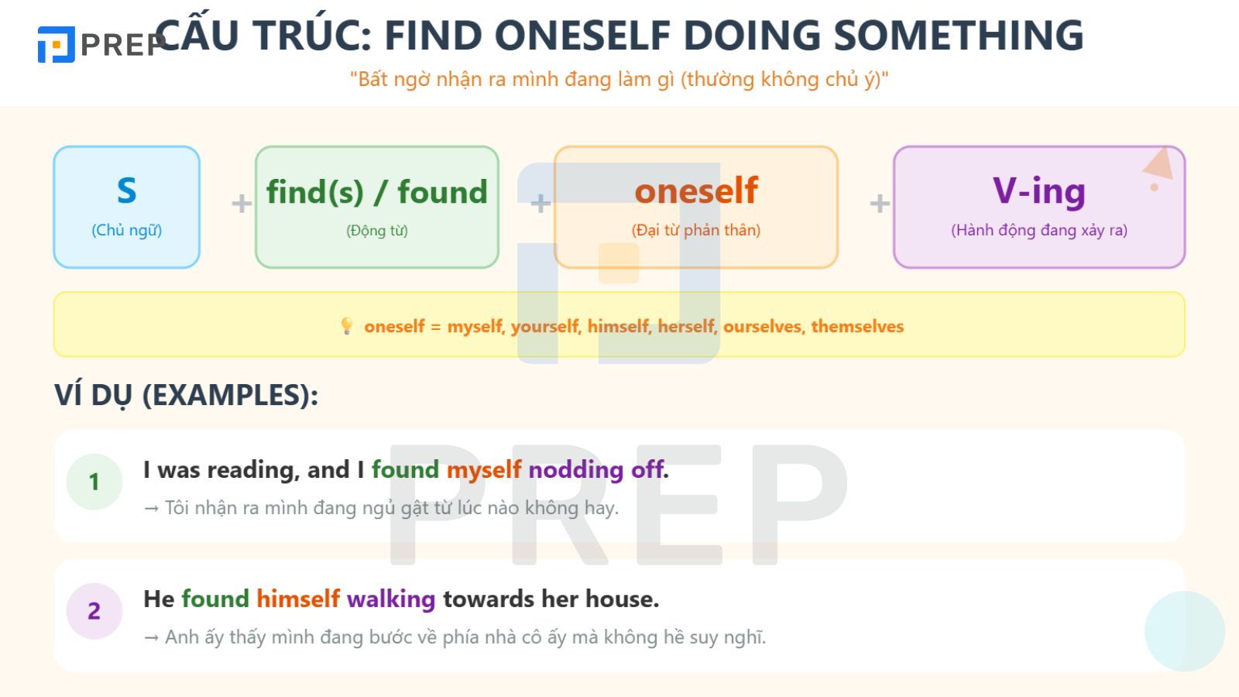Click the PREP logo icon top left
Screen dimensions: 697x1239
pos(56,44)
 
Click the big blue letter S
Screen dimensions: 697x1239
pos(127,191)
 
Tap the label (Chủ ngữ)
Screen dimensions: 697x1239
pos(127,230)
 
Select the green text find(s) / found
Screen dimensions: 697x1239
pos(376,192)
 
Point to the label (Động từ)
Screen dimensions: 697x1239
pos(376,230)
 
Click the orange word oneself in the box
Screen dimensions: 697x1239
pos(695,191)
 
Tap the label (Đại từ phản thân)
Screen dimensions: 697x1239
pos(695,230)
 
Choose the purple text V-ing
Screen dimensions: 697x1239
pos(1038,191)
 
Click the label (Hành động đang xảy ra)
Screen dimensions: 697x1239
pos(1038,230)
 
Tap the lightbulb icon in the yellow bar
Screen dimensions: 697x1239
pos(347,326)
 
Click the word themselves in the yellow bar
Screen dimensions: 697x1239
pos(857,326)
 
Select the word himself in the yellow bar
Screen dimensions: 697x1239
pos(617,326)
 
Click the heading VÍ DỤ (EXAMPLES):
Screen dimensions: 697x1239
pos(186,395)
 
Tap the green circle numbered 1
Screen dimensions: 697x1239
pos(94,482)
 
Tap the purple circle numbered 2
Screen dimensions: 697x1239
pos(94,611)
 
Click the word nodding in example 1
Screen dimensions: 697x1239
pos(575,469)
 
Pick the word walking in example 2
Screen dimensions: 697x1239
pos(391,599)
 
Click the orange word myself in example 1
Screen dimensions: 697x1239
pos(484,469)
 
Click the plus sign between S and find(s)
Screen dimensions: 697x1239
pos(242,204)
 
